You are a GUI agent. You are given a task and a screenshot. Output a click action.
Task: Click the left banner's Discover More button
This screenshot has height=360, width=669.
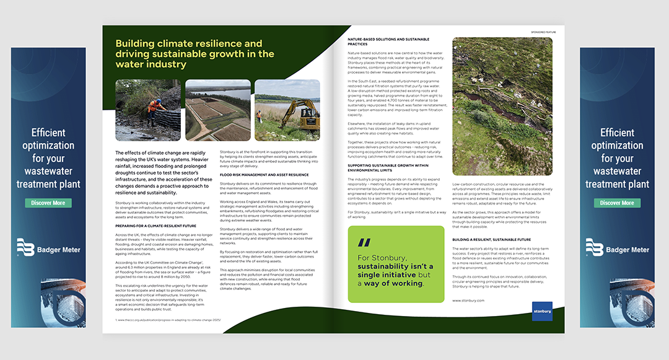pos(48,203)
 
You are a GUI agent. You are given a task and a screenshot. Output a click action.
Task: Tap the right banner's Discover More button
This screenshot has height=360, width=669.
pos(617,203)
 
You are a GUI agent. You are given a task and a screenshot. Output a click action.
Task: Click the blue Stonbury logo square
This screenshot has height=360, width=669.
pos(541,311)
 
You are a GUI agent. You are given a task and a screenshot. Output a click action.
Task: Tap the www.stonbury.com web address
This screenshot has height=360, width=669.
pos(468,301)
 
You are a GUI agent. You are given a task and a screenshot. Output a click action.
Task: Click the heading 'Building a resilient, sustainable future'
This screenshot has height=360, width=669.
pos(492,239)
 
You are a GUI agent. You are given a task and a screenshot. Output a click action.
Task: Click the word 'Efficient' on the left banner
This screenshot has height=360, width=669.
pos(48,133)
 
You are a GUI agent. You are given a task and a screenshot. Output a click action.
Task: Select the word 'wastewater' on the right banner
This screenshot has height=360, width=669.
pos(617,172)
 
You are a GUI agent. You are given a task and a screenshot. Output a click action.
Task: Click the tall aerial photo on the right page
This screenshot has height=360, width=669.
pos(502,107)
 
